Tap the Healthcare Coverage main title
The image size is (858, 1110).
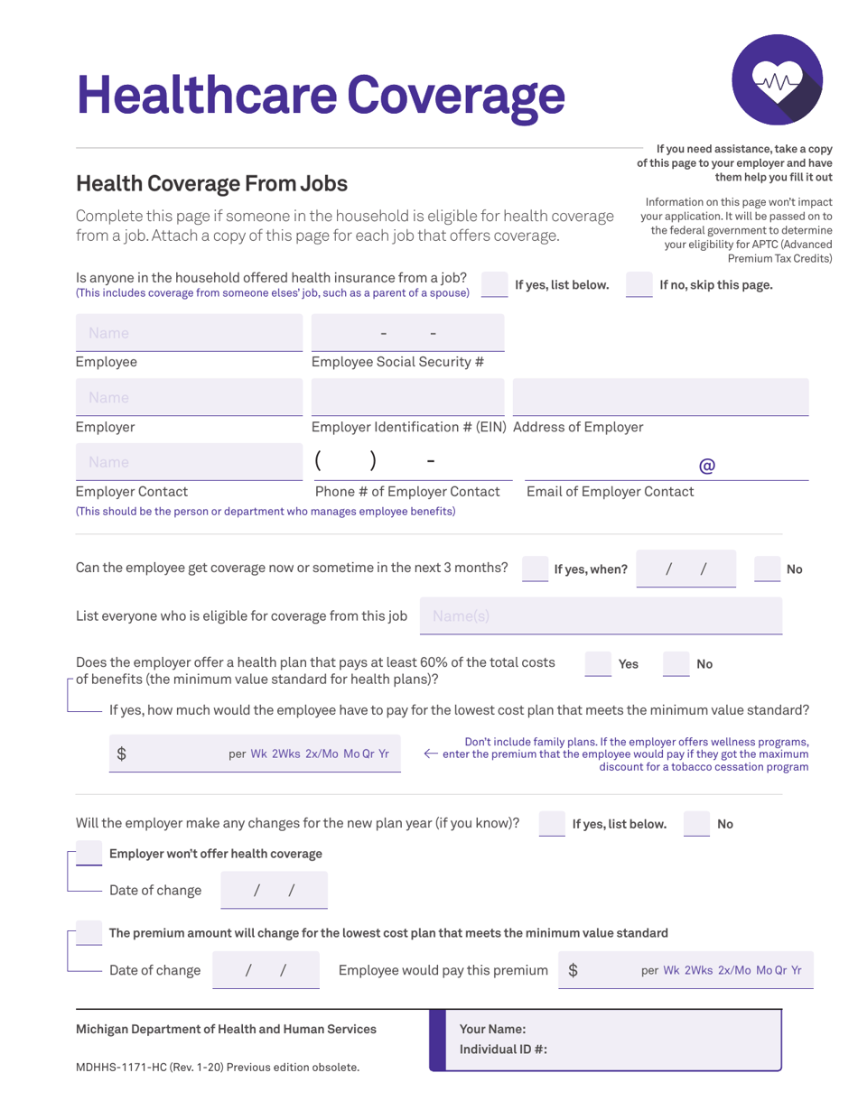pyautogui.click(x=321, y=93)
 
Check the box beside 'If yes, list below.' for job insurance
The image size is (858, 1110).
pyautogui.click(x=495, y=284)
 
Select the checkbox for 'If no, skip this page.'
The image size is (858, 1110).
pyautogui.click(x=639, y=284)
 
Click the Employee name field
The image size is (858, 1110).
pyautogui.click(x=189, y=333)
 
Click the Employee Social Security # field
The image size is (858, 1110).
pyautogui.click(x=407, y=333)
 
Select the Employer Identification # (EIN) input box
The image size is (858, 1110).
pyautogui.click(x=407, y=397)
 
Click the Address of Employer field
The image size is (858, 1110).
pyautogui.click(x=660, y=397)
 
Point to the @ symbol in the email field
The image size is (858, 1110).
pyautogui.click(x=707, y=466)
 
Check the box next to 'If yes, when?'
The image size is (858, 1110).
pyautogui.click(x=536, y=569)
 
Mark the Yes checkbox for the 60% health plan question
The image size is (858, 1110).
pyautogui.click(x=598, y=663)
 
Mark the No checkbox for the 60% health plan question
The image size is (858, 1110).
pyautogui.click(x=676, y=663)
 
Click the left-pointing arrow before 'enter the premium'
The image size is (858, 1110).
pyautogui.click(x=431, y=754)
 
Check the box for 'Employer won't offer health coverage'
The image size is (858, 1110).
pyautogui.click(x=89, y=853)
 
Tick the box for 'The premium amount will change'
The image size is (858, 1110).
pyautogui.click(x=89, y=932)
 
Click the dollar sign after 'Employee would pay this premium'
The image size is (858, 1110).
pyautogui.click(x=574, y=970)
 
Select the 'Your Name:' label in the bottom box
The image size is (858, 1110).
pyautogui.click(x=492, y=1029)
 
